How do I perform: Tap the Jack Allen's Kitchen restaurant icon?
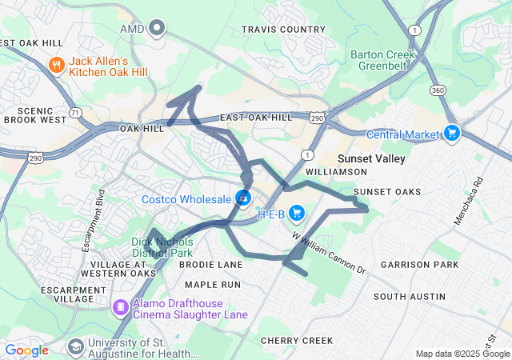point(56,65)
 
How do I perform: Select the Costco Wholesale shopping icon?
point(243,198)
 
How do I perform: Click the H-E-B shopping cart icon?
point(297,213)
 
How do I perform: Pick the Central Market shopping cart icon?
point(452,133)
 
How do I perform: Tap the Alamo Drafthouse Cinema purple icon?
point(121,307)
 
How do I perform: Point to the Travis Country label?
point(284,30)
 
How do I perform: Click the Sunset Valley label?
point(371,158)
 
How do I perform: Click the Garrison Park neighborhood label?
point(419,264)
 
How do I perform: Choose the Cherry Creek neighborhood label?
point(296,341)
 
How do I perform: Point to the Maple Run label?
point(212,284)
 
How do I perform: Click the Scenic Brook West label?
point(34,115)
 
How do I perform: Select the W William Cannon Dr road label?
point(328,254)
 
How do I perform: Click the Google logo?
point(26,350)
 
